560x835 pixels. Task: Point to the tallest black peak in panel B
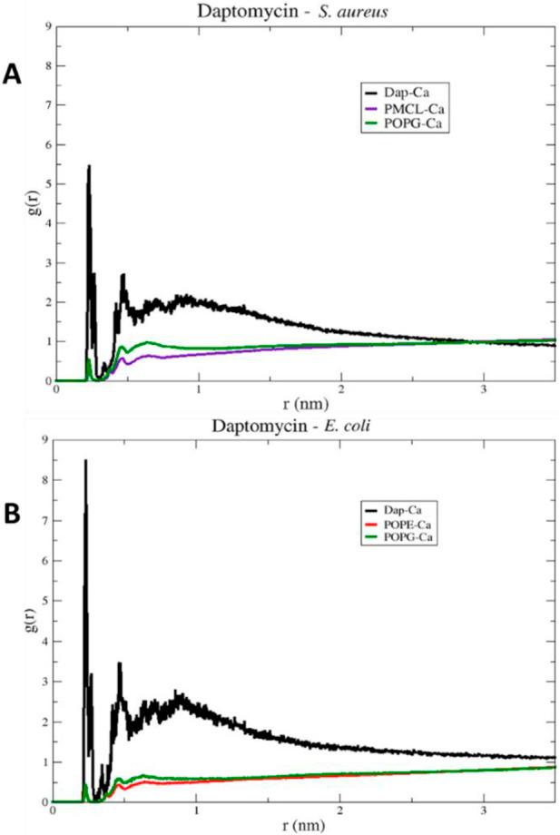[85, 461]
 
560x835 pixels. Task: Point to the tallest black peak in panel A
[88, 166]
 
